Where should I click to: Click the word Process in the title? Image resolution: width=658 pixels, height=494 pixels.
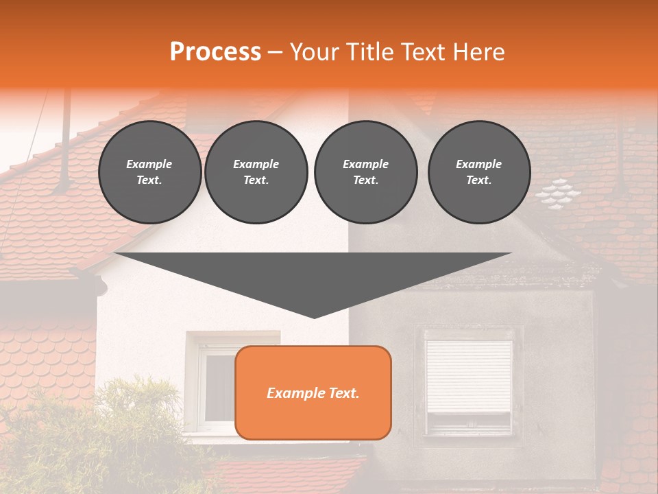point(215,52)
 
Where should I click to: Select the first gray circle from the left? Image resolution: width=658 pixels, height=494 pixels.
point(149,172)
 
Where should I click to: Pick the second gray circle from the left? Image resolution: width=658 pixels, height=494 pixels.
point(256,172)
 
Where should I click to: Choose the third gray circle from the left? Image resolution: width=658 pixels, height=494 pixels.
point(365,172)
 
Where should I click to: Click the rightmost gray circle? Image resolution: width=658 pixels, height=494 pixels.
point(478,172)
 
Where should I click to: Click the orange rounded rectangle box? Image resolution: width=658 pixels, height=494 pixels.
point(313,392)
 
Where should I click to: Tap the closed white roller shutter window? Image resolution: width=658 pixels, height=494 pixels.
point(469,376)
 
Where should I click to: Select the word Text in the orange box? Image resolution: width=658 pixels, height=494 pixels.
point(341,393)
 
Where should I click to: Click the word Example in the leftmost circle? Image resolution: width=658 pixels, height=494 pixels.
point(149,164)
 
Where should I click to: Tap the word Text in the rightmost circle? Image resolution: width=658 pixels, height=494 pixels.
point(478,180)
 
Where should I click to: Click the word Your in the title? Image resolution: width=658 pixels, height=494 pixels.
point(313,52)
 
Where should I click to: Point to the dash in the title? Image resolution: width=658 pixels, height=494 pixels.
point(275,52)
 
